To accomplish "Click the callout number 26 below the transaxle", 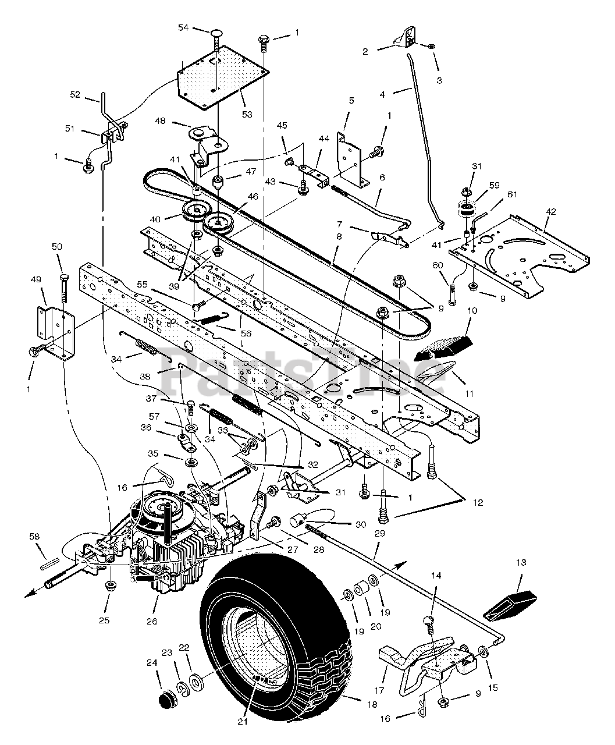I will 152,621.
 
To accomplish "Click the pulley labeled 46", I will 219,222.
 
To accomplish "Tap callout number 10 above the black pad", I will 471,311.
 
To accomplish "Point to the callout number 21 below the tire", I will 243,722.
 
